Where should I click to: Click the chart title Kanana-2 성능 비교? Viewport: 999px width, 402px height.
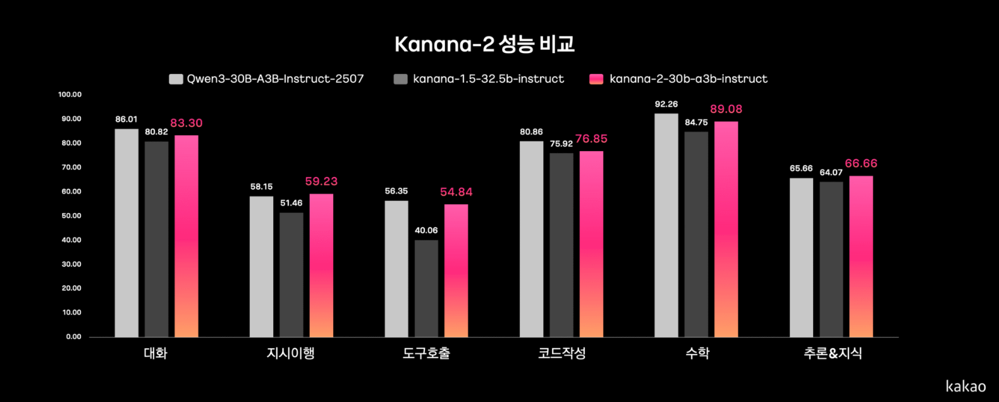(484, 44)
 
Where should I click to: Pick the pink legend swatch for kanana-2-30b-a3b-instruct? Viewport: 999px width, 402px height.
(596, 79)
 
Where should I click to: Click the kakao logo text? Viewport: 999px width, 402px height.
(965, 386)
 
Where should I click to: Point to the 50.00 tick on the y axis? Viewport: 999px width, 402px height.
(71, 216)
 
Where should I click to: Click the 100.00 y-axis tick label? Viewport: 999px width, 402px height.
(70, 94)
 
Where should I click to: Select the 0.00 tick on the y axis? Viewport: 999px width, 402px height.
(74, 337)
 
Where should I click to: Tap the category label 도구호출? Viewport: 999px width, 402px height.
(426, 353)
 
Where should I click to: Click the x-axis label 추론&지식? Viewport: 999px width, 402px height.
(832, 353)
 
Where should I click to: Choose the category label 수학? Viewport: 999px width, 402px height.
(697, 353)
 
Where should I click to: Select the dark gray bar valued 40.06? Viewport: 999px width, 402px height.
(426, 288)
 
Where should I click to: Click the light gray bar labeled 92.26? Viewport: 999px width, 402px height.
(666, 225)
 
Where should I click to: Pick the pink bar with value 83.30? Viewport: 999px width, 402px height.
(187, 236)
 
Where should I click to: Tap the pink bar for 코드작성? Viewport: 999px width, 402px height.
(591, 244)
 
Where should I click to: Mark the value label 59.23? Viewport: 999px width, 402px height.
(321, 181)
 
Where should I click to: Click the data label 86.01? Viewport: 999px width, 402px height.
(126, 119)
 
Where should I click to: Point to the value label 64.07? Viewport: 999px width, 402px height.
(831, 173)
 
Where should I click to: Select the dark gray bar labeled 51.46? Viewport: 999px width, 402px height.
(291, 274)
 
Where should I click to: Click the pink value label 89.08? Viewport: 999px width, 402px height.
(726, 109)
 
